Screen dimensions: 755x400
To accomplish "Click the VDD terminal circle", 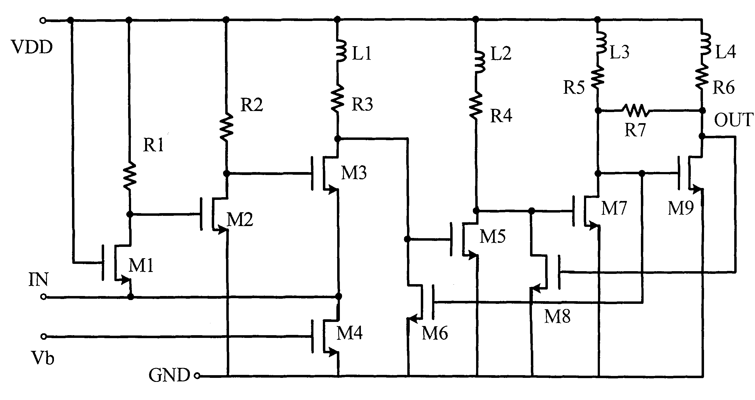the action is [43, 21].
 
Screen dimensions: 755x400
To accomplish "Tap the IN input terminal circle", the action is [43, 297].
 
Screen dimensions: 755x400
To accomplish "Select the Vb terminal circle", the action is [44, 337].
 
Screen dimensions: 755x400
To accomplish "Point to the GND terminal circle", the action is [197, 376].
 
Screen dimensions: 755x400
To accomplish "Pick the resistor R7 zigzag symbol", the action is [636, 111].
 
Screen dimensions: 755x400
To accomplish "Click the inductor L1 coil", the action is [341, 51].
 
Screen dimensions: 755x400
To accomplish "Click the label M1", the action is [141, 266].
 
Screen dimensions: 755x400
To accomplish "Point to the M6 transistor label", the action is [435, 333].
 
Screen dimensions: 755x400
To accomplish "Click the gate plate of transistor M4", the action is [312, 336].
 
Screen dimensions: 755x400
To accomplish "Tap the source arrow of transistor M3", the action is [332, 189].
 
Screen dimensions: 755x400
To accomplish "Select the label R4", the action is [501, 116].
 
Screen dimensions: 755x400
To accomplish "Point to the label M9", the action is [681, 208].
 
